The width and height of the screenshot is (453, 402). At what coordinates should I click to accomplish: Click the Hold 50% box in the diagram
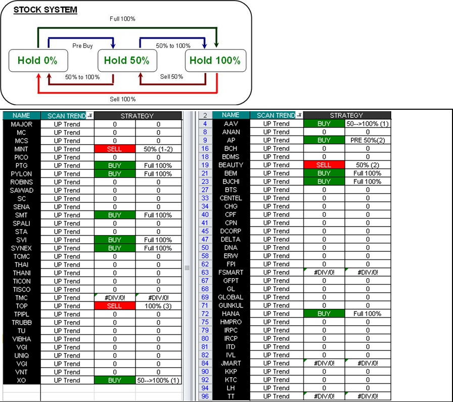pyautogui.click(x=126, y=61)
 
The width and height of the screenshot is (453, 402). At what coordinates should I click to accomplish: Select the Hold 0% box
pyautogui.click(x=37, y=61)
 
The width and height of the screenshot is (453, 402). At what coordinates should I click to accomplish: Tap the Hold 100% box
pyautogui.click(x=215, y=61)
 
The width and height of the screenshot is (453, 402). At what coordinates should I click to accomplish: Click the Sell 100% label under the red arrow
pyautogui.click(x=123, y=99)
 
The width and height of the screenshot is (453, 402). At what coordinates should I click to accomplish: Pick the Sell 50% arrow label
pyautogui.click(x=171, y=77)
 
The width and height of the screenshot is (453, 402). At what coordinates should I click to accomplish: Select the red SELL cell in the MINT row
pyautogui.click(x=114, y=149)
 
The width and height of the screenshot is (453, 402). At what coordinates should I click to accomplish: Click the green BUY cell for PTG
pyautogui.click(x=114, y=165)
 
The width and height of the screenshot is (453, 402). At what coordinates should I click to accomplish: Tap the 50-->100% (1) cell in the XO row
pyautogui.click(x=158, y=380)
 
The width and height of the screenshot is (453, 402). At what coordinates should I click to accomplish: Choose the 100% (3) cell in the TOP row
pyautogui.click(x=158, y=306)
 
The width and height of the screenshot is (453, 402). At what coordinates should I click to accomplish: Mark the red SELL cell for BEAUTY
pyautogui.click(x=324, y=165)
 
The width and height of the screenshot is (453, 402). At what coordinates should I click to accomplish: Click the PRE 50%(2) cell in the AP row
pyautogui.click(x=368, y=140)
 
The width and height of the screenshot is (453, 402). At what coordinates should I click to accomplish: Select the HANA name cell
pyautogui.click(x=231, y=314)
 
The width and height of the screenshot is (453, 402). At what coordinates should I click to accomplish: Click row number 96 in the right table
pyautogui.click(x=205, y=396)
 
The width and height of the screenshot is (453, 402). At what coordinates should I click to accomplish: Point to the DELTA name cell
pyautogui.click(x=231, y=239)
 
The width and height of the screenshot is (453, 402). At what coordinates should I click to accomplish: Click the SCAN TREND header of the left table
pyautogui.click(x=67, y=116)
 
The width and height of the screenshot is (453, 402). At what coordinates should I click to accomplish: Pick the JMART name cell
pyautogui.click(x=231, y=363)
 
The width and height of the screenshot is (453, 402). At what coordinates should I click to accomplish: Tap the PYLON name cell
pyautogui.click(x=21, y=173)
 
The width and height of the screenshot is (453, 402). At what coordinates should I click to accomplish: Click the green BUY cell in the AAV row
pyautogui.click(x=324, y=123)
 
